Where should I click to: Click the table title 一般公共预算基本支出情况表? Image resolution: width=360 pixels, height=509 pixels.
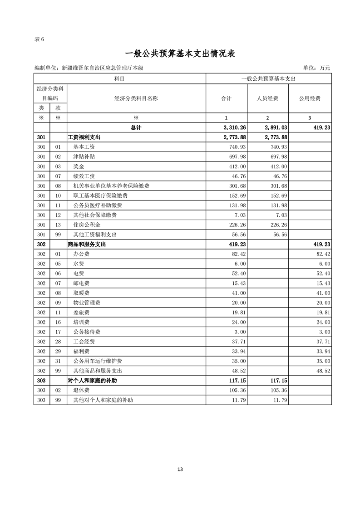tap(180, 54)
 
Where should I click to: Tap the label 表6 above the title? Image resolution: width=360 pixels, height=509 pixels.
tap(39, 39)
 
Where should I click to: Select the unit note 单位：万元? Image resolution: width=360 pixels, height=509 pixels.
tap(316, 68)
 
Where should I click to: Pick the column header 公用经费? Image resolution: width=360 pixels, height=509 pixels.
tap(310, 98)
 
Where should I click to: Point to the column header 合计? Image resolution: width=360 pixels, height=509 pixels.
tap(226, 98)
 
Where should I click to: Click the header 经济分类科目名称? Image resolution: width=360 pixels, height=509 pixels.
tap(136, 98)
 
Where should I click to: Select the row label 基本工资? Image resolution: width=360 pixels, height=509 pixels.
tap(84, 147)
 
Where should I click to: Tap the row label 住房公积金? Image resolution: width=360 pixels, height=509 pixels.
tap(87, 225)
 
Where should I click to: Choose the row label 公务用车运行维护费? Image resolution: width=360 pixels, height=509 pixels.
tap(97, 361)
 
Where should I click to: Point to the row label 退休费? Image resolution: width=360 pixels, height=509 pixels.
tap(81, 390)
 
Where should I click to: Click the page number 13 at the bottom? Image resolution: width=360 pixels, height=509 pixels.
tap(180, 469)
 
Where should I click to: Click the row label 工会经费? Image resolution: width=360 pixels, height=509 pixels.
tap(84, 342)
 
